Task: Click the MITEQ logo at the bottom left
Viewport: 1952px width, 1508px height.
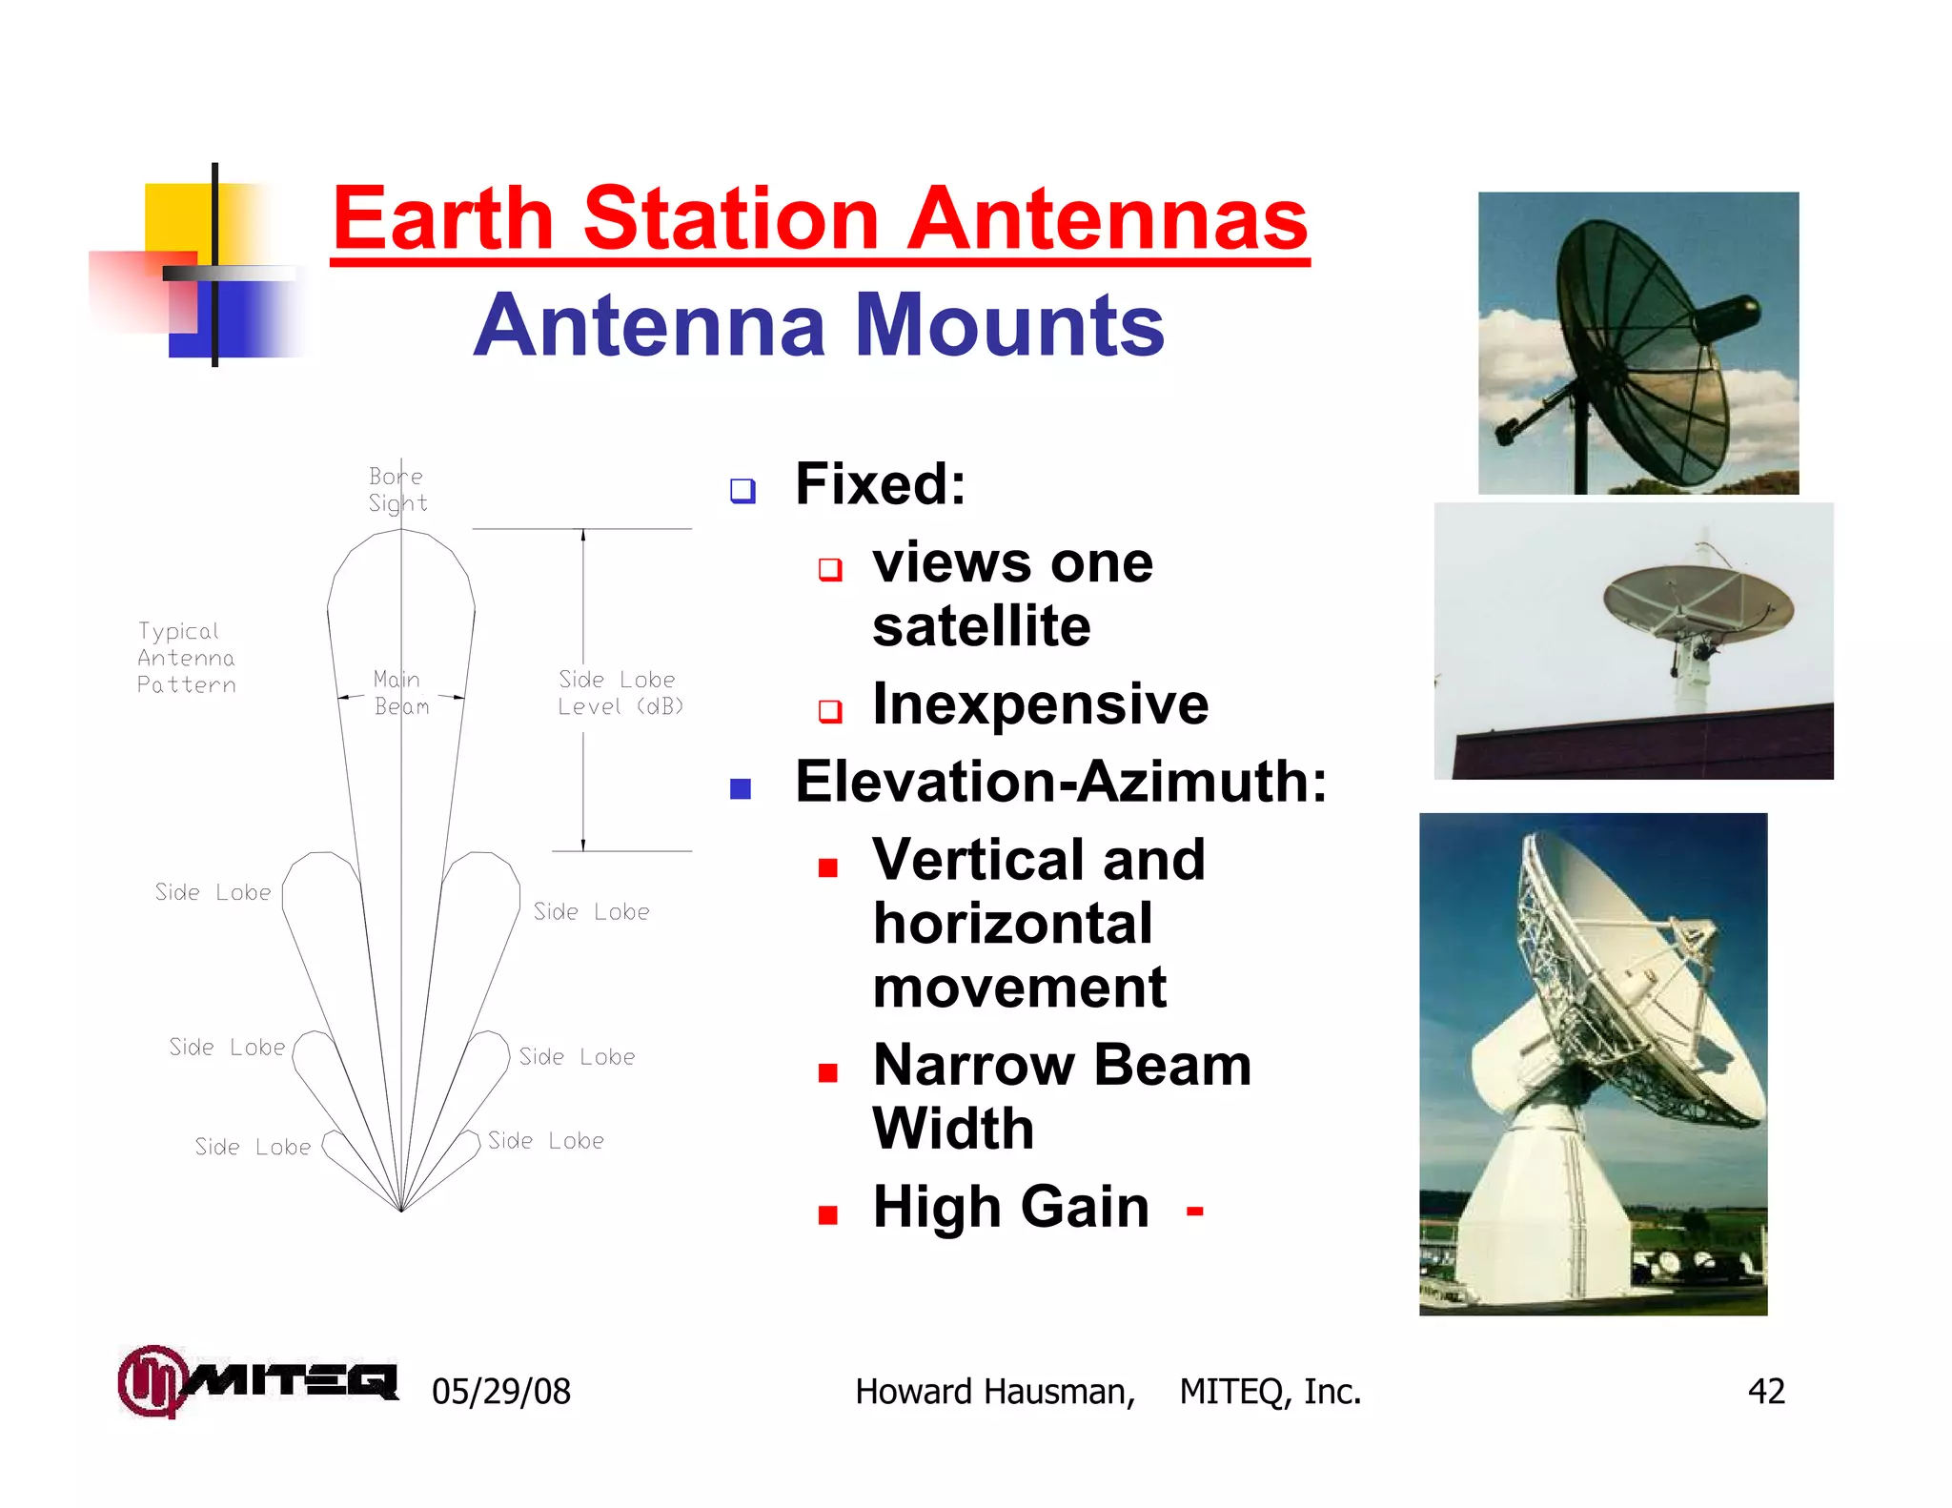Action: coord(257,1380)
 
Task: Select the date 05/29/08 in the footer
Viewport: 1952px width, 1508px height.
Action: coord(500,1392)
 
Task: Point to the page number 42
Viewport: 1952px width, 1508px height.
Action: coord(1765,1392)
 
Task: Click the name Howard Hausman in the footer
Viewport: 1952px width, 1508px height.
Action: coord(994,1392)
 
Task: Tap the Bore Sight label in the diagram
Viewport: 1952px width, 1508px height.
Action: coord(397,489)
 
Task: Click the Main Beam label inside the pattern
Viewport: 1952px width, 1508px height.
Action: coord(400,693)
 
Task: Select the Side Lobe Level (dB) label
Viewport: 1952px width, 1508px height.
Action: coord(620,693)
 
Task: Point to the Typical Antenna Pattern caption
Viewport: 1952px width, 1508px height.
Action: coord(186,658)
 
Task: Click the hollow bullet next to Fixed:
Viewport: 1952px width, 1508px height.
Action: coord(742,490)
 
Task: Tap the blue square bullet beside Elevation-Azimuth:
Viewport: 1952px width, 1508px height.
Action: coord(741,788)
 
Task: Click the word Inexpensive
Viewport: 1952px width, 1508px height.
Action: coord(1040,704)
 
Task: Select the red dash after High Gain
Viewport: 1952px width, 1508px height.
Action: coord(1194,1212)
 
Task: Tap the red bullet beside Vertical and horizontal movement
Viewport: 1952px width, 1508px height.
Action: coord(827,866)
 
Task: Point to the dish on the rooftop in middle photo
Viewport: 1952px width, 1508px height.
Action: coord(1698,600)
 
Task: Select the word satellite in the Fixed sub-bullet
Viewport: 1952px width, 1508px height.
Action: coord(981,626)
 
